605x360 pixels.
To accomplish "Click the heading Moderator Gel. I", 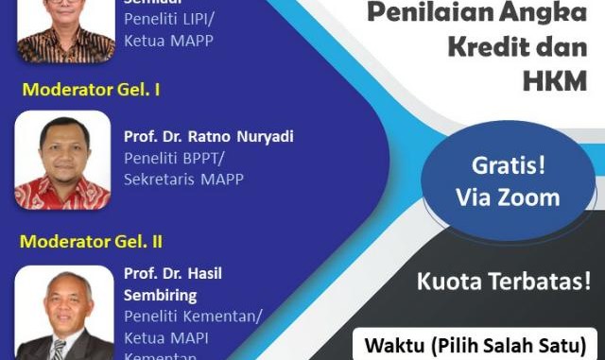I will coord(91,91).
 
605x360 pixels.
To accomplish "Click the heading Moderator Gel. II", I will coord(92,241).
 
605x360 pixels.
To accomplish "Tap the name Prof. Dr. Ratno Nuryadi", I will coord(208,136).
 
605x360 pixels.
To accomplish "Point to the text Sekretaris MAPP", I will coord(182,179).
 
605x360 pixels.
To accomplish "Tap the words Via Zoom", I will coord(508,197).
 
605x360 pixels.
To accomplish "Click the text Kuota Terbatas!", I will coord(503,280).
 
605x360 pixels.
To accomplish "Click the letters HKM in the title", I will coord(555,81).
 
